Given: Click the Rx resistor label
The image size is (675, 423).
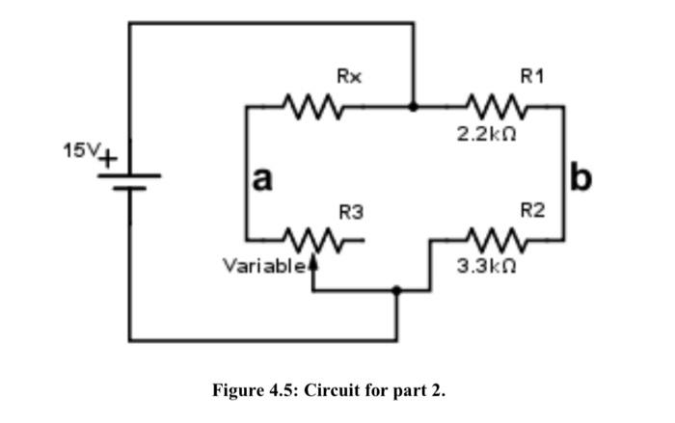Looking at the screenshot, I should point(349,75).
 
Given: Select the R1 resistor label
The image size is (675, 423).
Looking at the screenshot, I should point(531,75).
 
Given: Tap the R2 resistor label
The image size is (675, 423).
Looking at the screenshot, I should point(531,209).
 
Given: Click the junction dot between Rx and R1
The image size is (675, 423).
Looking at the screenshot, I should point(414,106).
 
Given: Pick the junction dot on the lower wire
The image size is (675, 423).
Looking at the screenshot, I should point(396,288).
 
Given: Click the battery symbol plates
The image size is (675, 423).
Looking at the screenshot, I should point(130,181).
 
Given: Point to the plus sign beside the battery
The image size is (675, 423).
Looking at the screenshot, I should point(109,156).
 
